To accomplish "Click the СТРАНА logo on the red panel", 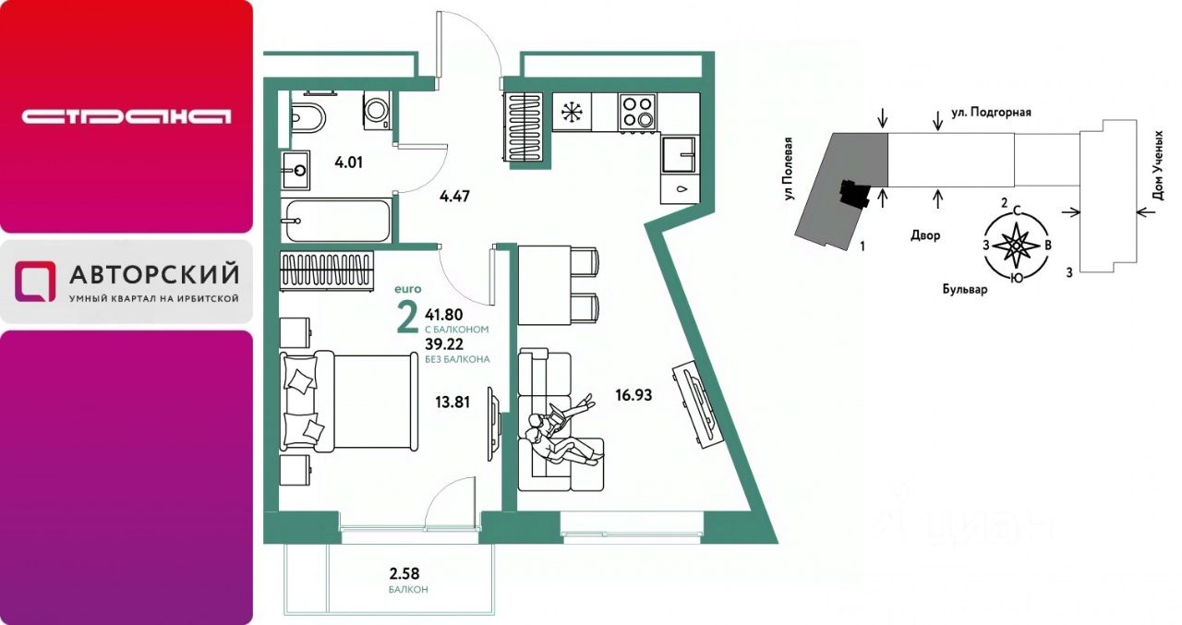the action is pos(127,116).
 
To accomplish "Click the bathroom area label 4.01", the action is pos(349,162).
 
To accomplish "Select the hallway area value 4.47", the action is pos(454,197).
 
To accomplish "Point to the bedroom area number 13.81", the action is pos(452,403).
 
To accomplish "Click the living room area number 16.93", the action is pos(633,395).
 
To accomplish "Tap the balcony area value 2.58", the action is pos(404,572).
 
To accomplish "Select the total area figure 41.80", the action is pos(444,315).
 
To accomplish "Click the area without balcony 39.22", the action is pos(444,344).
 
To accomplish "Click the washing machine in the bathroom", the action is pos(377,110).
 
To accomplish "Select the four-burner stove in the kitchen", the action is pos(637,112).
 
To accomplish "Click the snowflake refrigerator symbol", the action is pos(571,113).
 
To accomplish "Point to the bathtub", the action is pos(335,221).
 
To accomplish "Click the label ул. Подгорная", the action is pos(992,113).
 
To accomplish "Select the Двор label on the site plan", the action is pos(925,235).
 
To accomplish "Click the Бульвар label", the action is pos(965,289).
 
